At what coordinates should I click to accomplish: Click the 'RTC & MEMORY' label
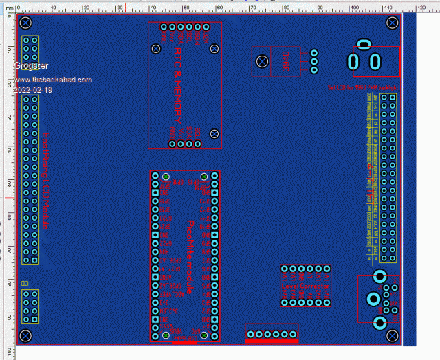(x=179, y=81)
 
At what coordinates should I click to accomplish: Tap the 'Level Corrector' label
(x=307, y=284)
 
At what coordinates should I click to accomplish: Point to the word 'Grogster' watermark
(x=31, y=66)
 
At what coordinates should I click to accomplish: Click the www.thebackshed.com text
(x=52, y=80)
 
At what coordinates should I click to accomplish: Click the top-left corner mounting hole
(x=25, y=23)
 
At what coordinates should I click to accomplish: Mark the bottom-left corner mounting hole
(x=25, y=335)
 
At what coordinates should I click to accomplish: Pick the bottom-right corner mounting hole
(x=393, y=335)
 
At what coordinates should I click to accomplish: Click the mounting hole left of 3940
(x=262, y=62)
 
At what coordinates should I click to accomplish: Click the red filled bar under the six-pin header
(x=272, y=340)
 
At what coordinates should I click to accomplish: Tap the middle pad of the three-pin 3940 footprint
(x=315, y=61)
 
